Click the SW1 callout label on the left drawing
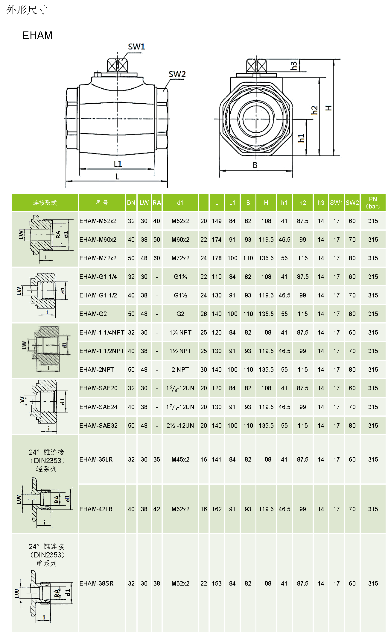(x=136, y=47)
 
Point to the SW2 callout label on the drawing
(x=177, y=74)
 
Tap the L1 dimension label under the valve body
(x=118, y=164)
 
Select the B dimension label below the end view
(x=255, y=165)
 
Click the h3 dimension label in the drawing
(x=294, y=66)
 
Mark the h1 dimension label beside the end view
(x=301, y=138)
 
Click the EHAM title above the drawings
(x=37, y=35)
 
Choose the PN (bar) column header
(x=373, y=203)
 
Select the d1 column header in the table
(x=180, y=203)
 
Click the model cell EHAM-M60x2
(x=98, y=240)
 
